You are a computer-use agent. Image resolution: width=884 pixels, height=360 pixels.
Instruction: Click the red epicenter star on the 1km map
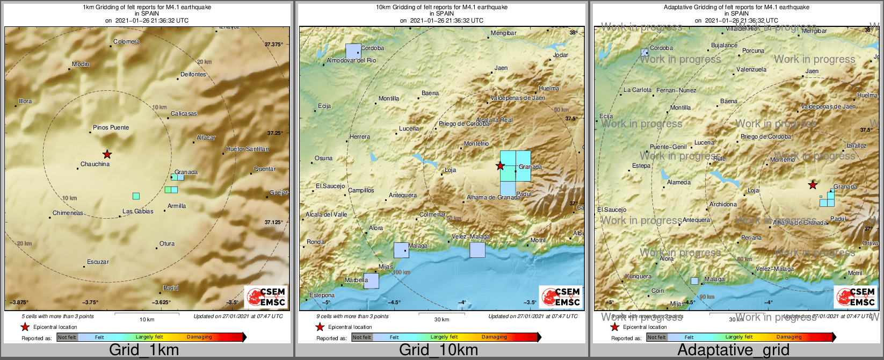click(x=107, y=154)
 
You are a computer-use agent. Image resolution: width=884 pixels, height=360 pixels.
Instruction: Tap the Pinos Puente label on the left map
click(x=111, y=127)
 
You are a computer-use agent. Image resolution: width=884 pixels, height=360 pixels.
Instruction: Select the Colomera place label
click(x=126, y=41)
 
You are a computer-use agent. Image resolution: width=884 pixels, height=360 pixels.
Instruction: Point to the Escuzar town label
click(x=98, y=262)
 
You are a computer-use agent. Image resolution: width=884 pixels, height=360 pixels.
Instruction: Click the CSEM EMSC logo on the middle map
click(x=560, y=296)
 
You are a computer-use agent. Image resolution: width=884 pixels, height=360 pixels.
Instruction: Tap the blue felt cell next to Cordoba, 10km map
click(x=353, y=51)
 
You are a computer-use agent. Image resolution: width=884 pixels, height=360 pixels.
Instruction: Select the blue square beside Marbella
click(x=371, y=281)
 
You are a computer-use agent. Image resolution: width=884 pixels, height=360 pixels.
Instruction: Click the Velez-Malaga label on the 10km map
click(x=470, y=236)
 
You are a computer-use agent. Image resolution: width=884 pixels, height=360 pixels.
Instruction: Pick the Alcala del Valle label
click(x=326, y=214)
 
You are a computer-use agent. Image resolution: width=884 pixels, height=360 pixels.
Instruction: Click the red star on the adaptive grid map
click(x=813, y=185)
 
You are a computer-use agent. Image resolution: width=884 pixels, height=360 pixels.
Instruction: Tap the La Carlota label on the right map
click(x=637, y=90)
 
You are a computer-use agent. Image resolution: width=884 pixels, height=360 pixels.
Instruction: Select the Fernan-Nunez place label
click(x=676, y=90)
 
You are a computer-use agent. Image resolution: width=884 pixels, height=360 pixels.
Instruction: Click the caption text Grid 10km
click(x=438, y=350)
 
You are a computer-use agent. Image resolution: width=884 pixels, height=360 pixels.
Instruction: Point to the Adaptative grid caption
click(x=733, y=350)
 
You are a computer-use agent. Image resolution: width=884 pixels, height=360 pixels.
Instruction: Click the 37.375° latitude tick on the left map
click(x=274, y=45)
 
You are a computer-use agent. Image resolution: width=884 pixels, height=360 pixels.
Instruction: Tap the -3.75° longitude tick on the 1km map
click(x=90, y=302)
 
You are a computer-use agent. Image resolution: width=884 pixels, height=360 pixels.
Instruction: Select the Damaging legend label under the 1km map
click(x=199, y=337)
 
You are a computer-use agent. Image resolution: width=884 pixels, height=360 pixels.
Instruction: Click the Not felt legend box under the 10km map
click(x=361, y=337)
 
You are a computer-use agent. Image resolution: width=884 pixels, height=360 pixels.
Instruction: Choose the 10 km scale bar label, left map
click(x=147, y=319)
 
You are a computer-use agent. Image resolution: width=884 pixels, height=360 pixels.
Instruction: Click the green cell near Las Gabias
click(x=136, y=196)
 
